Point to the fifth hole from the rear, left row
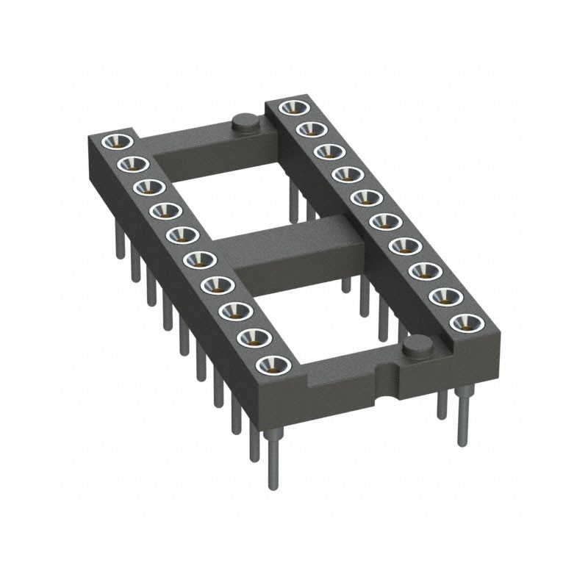[x=179, y=234]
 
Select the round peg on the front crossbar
[x=417, y=345]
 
